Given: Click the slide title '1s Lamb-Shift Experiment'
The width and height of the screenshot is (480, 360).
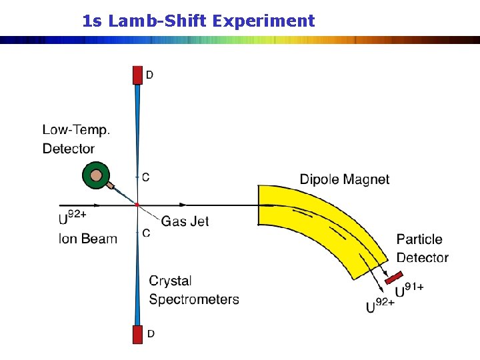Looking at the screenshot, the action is point(198,21).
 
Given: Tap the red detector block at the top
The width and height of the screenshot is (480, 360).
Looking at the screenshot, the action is point(137,75).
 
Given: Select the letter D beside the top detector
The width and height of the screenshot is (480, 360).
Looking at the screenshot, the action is point(149,75).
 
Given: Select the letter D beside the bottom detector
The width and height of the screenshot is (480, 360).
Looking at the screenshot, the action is point(151,333).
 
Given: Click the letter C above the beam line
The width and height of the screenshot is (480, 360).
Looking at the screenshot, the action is point(146,177).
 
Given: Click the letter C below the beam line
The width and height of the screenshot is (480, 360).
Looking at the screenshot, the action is point(146,233).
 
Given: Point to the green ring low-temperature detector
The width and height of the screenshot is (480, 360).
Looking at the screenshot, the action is point(96,176).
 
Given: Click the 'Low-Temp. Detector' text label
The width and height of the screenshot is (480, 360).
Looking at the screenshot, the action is point(75,139).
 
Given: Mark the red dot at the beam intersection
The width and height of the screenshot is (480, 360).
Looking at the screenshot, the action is point(137,205).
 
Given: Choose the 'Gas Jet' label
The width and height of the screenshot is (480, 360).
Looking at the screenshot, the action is point(185,221).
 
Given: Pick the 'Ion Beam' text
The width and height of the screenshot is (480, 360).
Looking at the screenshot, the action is point(88,239).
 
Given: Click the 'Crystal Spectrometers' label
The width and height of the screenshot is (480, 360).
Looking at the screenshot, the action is point(193,290).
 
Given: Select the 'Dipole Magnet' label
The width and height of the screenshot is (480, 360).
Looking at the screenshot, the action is point(344,179).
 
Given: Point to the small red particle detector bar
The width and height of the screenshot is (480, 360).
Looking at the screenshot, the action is point(394,275).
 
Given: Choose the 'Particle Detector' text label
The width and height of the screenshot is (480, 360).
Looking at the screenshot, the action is point(422,248).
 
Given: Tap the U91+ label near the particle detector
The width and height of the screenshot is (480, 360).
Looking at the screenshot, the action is point(409,291).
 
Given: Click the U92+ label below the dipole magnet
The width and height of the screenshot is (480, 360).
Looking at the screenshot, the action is point(381,306).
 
